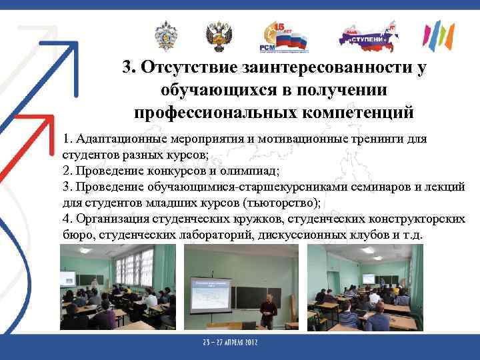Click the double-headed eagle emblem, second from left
pyautogui.click(x=219, y=37)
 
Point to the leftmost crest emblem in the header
pyautogui.click(x=165, y=37)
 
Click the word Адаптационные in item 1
pyautogui.click(x=113, y=139)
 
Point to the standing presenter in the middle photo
pyautogui.click(x=268, y=311)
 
